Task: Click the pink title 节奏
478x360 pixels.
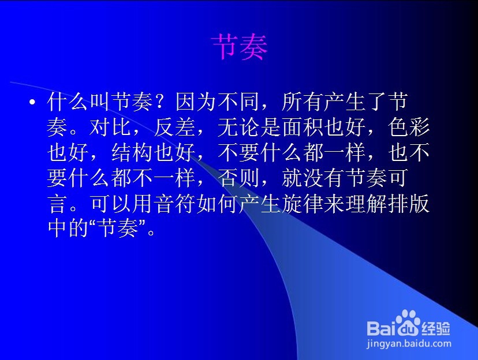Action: (x=240, y=47)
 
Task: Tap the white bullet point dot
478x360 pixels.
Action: (x=32, y=102)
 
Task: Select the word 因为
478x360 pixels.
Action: (x=196, y=102)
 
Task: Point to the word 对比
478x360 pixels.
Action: (x=110, y=127)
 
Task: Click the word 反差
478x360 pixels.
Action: (x=175, y=127)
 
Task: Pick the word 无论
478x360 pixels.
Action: (x=238, y=127)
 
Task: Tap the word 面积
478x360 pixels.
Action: (x=303, y=127)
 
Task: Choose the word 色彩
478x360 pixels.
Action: (x=409, y=127)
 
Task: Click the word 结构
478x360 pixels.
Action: (x=132, y=152)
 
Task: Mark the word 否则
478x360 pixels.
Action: (x=238, y=178)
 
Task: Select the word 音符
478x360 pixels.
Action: (x=175, y=204)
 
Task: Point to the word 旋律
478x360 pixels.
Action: (x=303, y=204)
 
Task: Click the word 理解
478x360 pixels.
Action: (x=367, y=204)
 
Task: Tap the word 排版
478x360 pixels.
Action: (x=409, y=204)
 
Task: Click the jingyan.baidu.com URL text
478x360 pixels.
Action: (x=409, y=344)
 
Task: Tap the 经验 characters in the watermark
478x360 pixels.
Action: (x=435, y=328)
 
